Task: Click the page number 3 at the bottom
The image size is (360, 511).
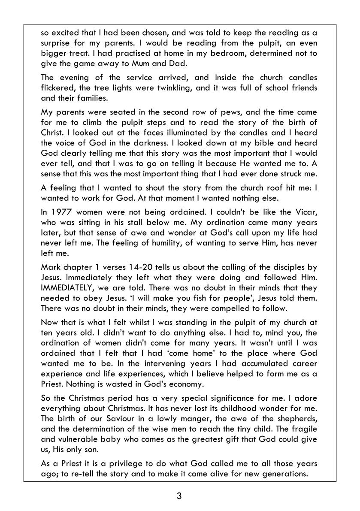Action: pyautogui.click(x=179, y=496)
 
